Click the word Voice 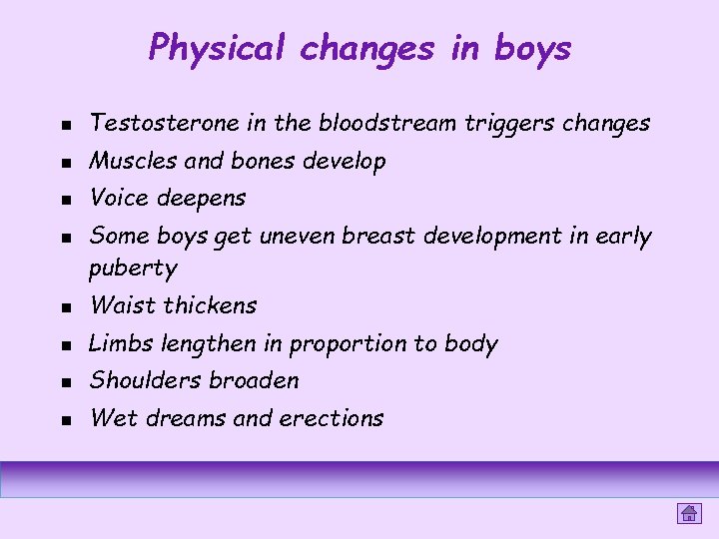[x=117, y=199]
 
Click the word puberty [x=133, y=269]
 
